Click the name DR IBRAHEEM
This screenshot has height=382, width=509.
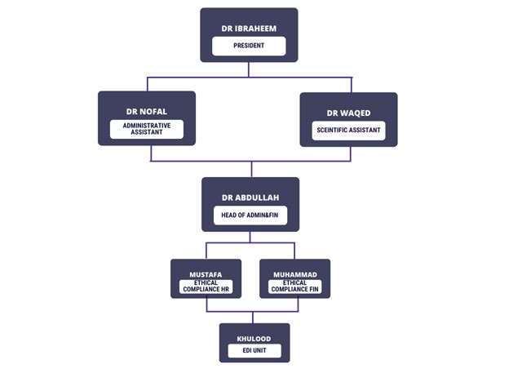(249, 29)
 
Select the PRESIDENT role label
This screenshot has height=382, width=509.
(249, 46)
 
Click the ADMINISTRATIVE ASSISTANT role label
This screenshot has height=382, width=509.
(147, 129)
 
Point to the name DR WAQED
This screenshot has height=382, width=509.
(348, 113)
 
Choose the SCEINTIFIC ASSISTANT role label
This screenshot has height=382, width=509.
(348, 131)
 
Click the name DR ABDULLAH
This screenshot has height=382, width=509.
(250, 198)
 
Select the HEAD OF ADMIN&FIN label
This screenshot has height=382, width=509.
(250, 215)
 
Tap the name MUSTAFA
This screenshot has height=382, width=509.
(206, 275)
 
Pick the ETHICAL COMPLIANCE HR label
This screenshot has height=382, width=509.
(206, 286)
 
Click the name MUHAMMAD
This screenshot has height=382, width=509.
(294, 275)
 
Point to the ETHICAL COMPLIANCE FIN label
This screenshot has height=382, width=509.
(294, 286)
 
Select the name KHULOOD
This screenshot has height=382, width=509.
(254, 336)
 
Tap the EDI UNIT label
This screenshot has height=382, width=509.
(254, 351)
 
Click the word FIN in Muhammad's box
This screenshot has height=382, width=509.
(315, 290)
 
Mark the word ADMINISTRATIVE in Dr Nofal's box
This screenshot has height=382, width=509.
(147, 126)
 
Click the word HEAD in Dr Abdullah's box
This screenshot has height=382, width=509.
(229, 215)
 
